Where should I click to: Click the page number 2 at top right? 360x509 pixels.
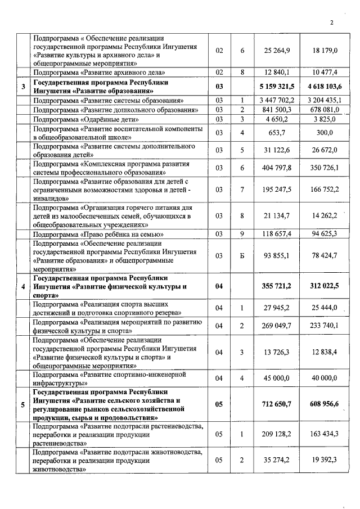[332, 23]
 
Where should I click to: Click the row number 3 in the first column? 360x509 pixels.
[22, 86]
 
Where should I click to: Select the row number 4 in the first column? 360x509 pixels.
[22, 286]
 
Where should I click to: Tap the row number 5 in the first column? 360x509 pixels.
[22, 405]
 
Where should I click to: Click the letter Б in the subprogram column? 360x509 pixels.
[242, 254]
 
